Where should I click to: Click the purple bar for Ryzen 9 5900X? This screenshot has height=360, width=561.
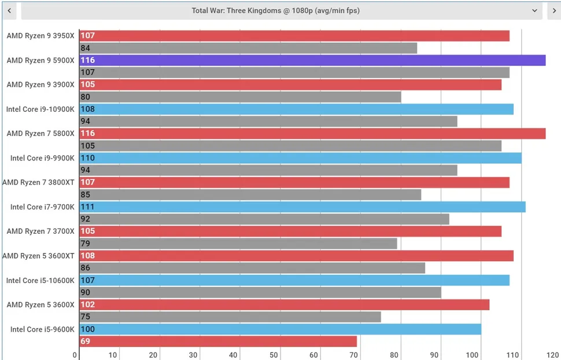tap(312, 60)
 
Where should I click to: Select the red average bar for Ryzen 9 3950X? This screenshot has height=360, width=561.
tap(294, 36)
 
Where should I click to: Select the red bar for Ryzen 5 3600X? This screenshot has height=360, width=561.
tap(284, 305)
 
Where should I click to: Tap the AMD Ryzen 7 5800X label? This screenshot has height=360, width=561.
tap(40, 134)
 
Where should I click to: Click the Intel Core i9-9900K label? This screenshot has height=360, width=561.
tap(42, 158)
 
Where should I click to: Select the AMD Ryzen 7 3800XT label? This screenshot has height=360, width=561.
tap(38, 182)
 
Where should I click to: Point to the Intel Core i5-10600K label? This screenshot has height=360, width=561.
tap(40, 281)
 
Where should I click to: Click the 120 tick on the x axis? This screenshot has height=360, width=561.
tap(552, 355)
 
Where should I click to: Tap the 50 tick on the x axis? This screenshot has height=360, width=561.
tap(274, 355)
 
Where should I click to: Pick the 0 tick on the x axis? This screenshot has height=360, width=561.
tap(75, 355)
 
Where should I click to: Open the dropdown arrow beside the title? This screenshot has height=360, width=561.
tap(534, 10)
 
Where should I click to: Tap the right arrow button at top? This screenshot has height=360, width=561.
tap(553, 10)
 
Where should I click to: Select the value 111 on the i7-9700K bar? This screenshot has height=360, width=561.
tap(88, 207)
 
